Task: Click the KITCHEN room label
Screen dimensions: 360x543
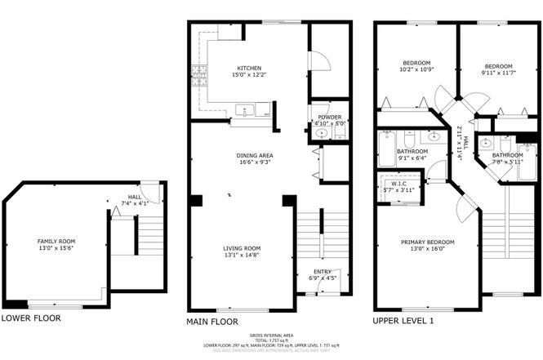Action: coord(249,68)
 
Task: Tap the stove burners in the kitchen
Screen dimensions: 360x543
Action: coord(198,80)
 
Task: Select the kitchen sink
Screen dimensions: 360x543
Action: coord(245,110)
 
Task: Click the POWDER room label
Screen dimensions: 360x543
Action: coord(330,117)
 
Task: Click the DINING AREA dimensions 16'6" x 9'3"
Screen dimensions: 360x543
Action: coord(254,162)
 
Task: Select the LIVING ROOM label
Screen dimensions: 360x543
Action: coord(243,248)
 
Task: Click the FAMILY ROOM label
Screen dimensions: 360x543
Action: coord(55,242)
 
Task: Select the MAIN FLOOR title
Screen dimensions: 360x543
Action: coord(212,322)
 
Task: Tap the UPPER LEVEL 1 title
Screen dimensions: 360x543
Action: coord(403,322)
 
